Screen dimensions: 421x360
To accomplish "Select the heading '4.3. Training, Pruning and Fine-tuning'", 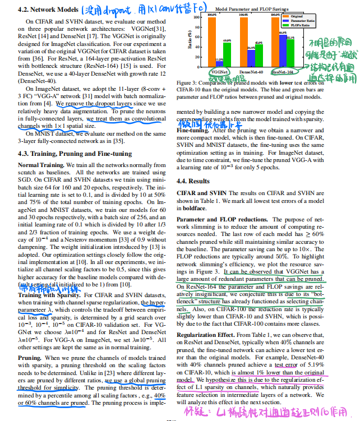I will click(x=75, y=154).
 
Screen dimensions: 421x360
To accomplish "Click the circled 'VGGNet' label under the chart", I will click(x=219, y=72).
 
